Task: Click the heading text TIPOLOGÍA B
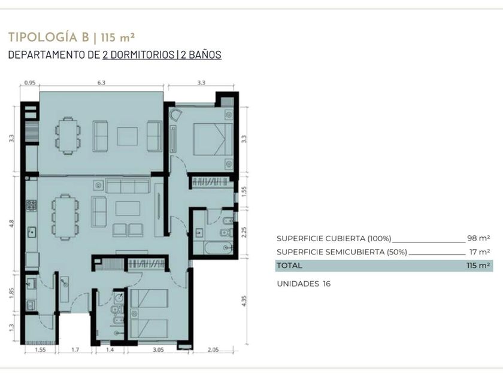coord(49,37)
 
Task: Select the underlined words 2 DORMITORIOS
coord(138,54)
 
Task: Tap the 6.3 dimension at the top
coord(101,83)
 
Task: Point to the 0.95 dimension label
coord(30,83)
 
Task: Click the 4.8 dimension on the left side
coord(12,223)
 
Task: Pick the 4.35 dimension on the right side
coord(244,300)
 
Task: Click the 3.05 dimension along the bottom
coord(158,349)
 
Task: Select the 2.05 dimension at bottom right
coord(213,349)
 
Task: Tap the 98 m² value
coord(478,238)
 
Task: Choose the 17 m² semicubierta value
coord(480,252)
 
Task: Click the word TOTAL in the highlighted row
coord(289,266)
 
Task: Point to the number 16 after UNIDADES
coord(326,284)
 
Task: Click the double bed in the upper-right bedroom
coord(213,139)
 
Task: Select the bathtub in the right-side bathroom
coord(218,248)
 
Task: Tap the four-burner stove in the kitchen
coord(31,205)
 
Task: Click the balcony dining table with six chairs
coord(68,136)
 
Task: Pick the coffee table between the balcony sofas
coord(128,136)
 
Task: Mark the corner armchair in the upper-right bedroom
coord(175,115)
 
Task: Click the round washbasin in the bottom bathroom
coord(119,298)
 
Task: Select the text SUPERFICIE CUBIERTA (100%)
coord(334,239)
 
